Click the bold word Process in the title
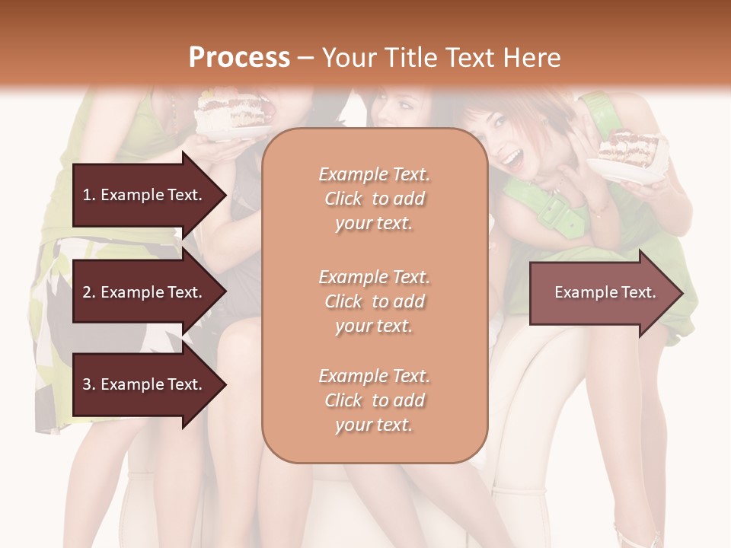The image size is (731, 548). click(239, 57)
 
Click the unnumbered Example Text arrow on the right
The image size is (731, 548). click(605, 292)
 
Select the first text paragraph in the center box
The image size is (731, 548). click(374, 199)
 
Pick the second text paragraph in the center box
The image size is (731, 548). click(374, 301)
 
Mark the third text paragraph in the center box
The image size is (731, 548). click(374, 400)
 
